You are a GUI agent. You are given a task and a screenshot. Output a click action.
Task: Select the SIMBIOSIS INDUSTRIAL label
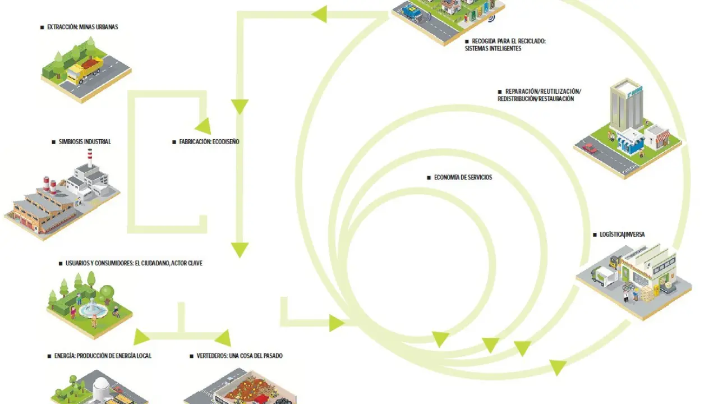[x=84, y=142]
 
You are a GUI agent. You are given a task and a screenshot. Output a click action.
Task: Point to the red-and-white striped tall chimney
[x=90, y=159]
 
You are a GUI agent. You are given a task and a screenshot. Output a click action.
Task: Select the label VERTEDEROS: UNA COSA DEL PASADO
[x=239, y=356]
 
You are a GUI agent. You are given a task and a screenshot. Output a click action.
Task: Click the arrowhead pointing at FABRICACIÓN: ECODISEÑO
[x=203, y=126]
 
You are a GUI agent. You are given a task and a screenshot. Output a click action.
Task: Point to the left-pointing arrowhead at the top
[x=319, y=14]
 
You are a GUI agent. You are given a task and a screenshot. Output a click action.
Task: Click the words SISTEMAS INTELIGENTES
[x=493, y=49]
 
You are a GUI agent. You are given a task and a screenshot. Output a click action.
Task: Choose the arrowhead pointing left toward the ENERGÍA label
[x=141, y=337]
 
